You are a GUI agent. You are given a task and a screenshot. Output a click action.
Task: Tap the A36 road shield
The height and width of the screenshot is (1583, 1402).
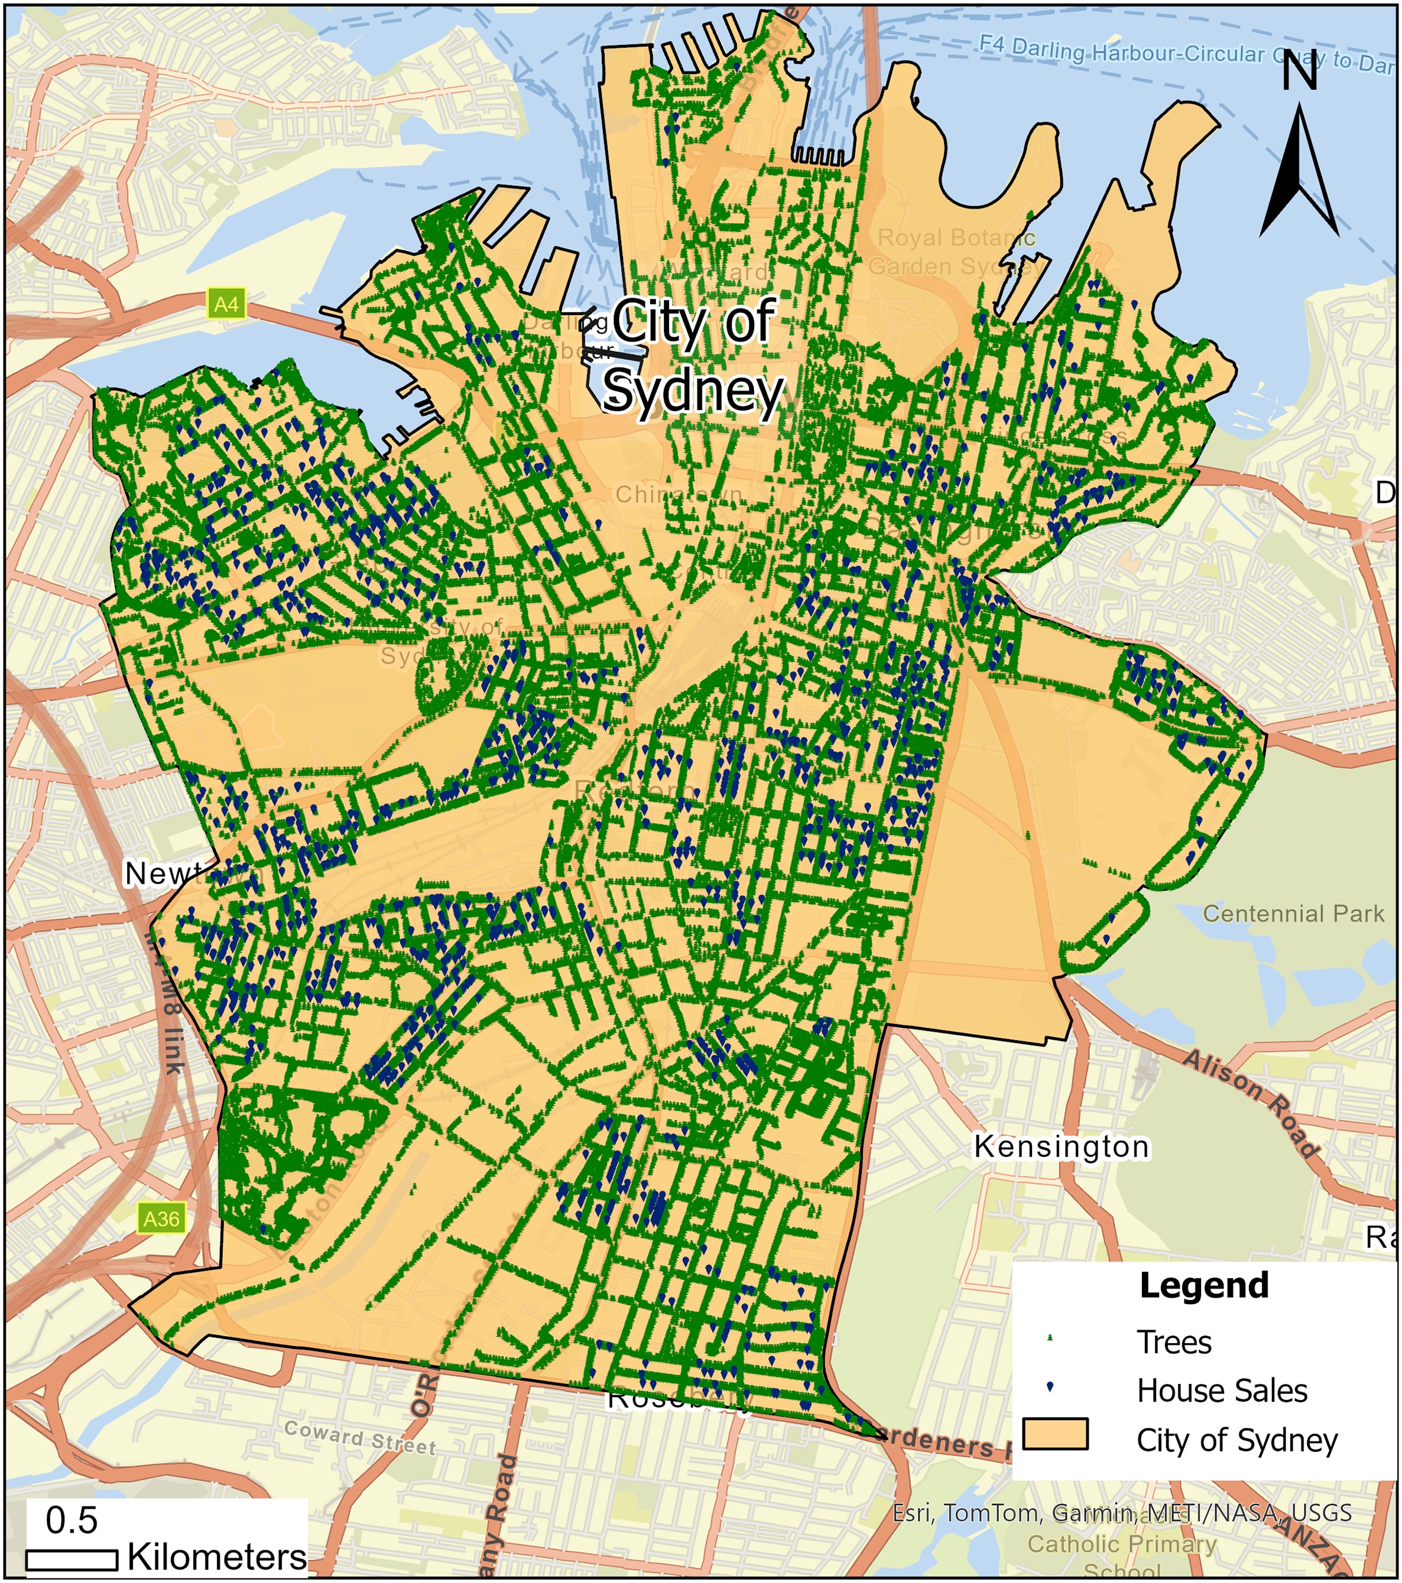click(x=161, y=1219)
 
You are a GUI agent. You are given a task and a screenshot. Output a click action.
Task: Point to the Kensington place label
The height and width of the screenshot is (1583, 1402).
click(x=1061, y=1147)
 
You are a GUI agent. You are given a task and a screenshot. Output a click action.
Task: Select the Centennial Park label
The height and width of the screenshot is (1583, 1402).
click(x=1293, y=914)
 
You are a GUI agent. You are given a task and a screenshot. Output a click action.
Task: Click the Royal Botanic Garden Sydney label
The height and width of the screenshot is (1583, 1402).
click(x=956, y=252)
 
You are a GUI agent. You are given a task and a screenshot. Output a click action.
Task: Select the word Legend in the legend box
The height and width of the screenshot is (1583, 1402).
click(x=1204, y=1286)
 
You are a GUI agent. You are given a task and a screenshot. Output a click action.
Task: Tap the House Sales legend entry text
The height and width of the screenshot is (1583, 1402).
click(x=1222, y=1391)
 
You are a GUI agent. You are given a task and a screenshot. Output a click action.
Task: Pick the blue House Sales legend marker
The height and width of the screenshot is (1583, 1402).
click(x=1050, y=1387)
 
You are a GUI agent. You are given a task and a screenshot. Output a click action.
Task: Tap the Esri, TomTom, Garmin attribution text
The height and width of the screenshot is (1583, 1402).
click(x=1122, y=1513)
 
